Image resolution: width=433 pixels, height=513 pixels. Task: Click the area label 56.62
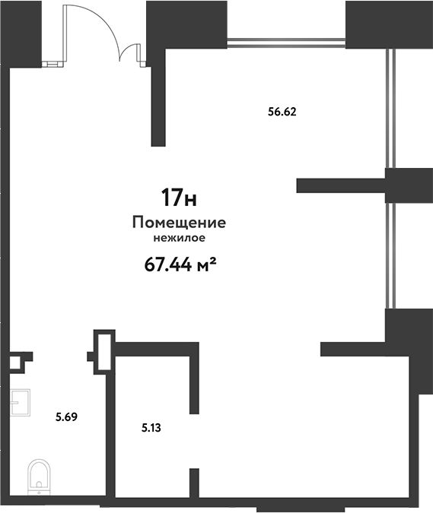[282, 112]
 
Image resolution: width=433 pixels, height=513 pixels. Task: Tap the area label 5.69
[66, 417]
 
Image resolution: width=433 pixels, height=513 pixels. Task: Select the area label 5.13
[151, 428]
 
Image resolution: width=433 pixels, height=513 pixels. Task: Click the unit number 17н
[179, 198]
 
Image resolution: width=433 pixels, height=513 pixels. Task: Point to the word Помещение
[179, 223]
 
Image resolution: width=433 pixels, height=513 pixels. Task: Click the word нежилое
[180, 238]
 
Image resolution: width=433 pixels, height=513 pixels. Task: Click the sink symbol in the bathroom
[20, 402]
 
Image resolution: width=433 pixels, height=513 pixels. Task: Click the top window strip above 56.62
[286, 43]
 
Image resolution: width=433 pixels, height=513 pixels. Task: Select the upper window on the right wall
[390, 108]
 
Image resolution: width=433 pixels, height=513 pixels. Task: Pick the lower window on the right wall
[390, 255]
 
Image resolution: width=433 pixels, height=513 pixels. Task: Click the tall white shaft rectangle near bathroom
[104, 352]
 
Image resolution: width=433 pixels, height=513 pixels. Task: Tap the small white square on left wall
[14, 363]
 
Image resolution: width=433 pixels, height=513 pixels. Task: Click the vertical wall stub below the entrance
[158, 98]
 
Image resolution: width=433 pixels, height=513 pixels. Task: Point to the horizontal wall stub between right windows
[341, 185]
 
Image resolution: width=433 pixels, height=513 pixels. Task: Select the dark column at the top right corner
[389, 24]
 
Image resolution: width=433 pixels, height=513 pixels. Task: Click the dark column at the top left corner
[21, 34]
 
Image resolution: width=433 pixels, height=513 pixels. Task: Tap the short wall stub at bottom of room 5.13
[194, 483]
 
